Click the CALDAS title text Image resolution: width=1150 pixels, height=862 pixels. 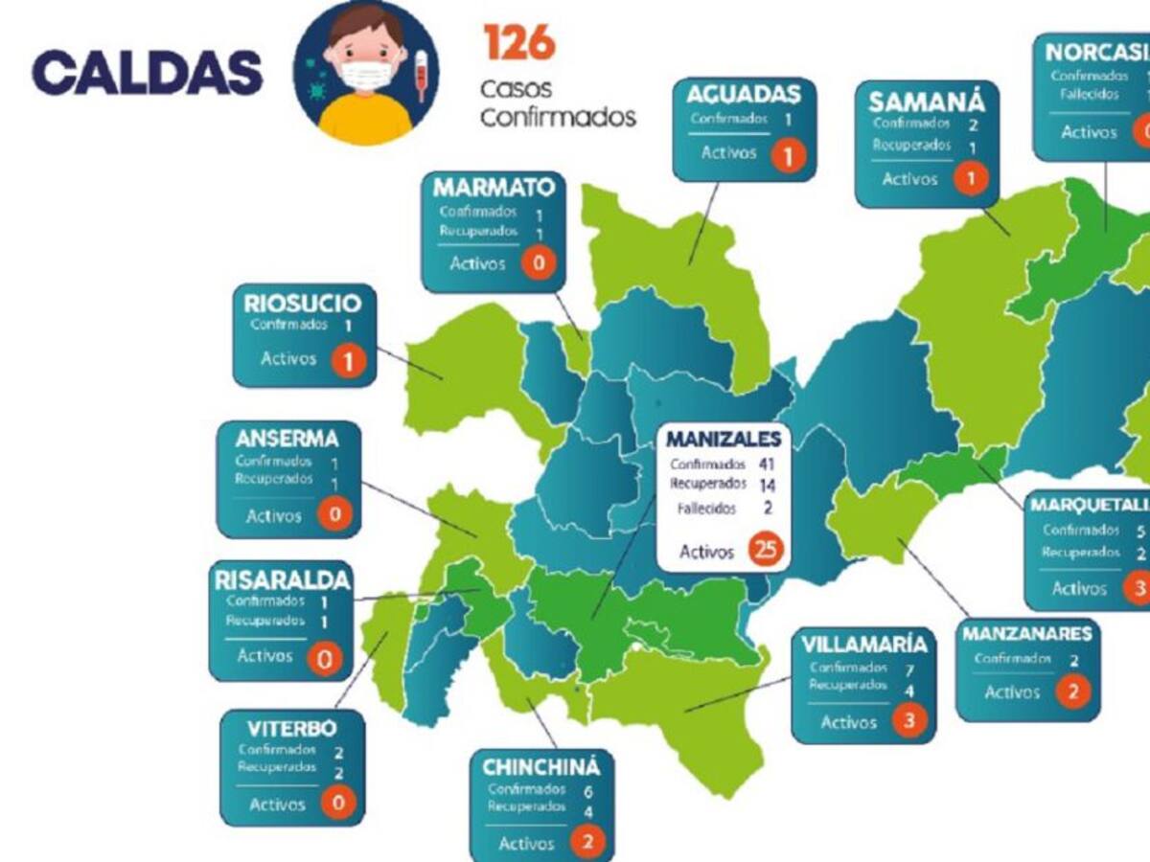(x=147, y=73)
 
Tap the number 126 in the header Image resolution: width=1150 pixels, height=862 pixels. (x=519, y=42)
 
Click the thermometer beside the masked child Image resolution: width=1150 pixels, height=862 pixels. (x=420, y=76)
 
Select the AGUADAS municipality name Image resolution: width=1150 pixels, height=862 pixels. (x=744, y=95)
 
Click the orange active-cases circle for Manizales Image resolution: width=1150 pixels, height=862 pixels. (x=766, y=549)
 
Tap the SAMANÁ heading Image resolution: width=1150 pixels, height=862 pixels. (x=927, y=102)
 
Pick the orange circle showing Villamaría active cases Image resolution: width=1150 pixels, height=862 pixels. (x=909, y=721)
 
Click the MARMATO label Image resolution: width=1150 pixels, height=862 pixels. (x=494, y=186)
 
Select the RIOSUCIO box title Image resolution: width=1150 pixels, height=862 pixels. (x=303, y=304)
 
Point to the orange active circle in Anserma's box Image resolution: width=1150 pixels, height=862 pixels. (x=335, y=515)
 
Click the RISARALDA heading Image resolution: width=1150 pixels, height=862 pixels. (x=282, y=580)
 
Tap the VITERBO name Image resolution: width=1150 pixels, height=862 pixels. (x=291, y=726)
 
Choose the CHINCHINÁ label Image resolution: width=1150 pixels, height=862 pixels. (x=541, y=767)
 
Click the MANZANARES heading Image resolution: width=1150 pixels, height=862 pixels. (x=1026, y=634)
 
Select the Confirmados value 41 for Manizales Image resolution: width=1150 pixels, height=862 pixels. (x=766, y=465)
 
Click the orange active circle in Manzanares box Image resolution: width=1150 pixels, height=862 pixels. (x=1073, y=692)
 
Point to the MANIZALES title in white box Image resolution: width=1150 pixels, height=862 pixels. (x=724, y=440)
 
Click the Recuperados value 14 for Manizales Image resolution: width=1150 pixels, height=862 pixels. (x=766, y=485)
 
